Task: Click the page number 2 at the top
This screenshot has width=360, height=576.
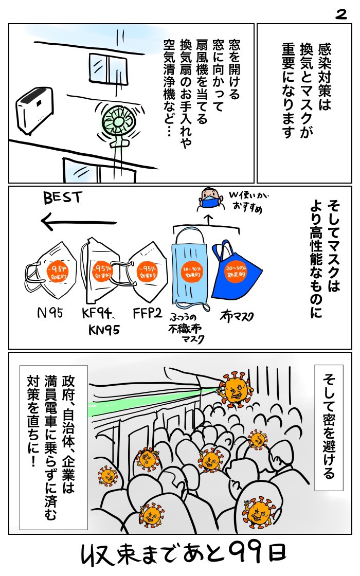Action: coord(340,15)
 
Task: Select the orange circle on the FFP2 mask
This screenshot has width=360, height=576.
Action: coord(148,271)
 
